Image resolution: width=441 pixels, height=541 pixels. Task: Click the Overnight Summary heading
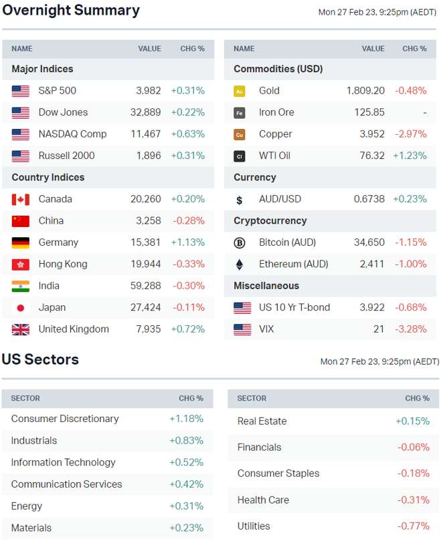(71, 11)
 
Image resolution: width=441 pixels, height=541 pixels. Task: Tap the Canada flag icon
(21, 199)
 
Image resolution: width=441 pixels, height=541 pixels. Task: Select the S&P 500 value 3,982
(148, 91)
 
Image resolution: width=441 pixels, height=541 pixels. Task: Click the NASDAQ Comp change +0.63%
(187, 134)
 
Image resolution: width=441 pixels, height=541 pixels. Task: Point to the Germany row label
(58, 242)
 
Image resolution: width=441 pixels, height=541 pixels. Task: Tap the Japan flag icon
(21, 308)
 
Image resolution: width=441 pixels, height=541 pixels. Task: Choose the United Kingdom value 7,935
(148, 329)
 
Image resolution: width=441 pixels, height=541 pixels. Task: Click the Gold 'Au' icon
(240, 91)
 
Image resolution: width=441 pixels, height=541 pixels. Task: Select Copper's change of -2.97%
(410, 134)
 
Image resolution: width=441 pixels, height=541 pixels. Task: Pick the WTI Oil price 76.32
(372, 156)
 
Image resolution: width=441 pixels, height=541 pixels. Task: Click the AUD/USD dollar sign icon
(240, 200)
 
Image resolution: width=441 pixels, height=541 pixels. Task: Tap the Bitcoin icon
(240, 242)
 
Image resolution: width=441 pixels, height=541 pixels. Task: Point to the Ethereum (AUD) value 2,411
(371, 264)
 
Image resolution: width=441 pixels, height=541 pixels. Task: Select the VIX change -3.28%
(410, 329)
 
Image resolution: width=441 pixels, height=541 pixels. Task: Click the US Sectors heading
(40, 360)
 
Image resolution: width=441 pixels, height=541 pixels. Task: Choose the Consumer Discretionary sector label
(65, 419)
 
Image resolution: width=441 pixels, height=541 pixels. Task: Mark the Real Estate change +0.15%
(412, 421)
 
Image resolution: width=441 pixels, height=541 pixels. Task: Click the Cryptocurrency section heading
(270, 221)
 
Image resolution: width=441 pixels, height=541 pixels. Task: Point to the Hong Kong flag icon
(21, 264)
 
